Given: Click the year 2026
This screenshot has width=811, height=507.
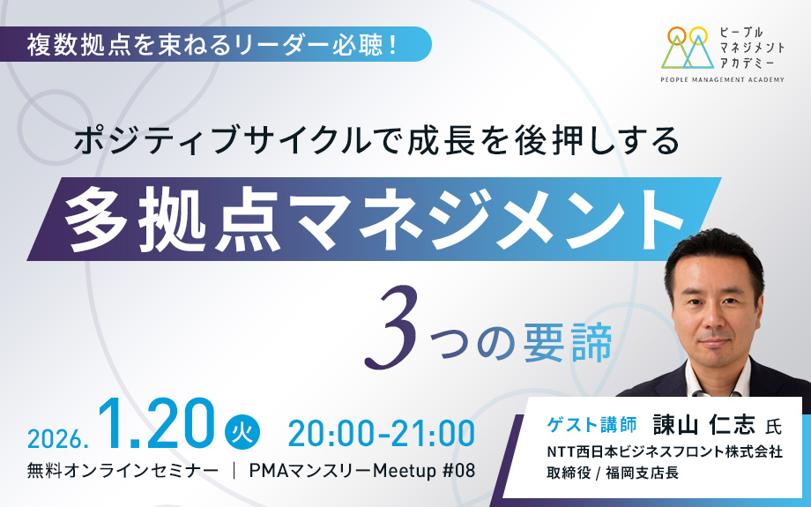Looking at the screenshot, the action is (56, 438).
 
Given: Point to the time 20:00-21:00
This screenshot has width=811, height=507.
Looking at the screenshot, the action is (381, 433).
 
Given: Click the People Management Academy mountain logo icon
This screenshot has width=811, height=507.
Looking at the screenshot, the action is (685, 47).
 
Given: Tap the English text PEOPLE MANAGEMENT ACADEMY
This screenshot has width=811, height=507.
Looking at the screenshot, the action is (722, 79).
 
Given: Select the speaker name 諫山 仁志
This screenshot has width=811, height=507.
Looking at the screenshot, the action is (704, 424).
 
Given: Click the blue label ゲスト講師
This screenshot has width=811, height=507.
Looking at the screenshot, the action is (592, 425).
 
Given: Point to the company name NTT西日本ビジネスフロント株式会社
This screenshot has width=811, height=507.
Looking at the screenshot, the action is (665, 451).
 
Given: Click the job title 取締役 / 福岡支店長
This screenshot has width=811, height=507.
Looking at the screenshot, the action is (613, 473).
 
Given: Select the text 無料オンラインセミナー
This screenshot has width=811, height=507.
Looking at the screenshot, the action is (123, 471).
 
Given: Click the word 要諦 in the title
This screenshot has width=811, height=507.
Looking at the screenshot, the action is (568, 342).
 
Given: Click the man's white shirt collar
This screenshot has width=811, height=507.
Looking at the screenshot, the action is (717, 377).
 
